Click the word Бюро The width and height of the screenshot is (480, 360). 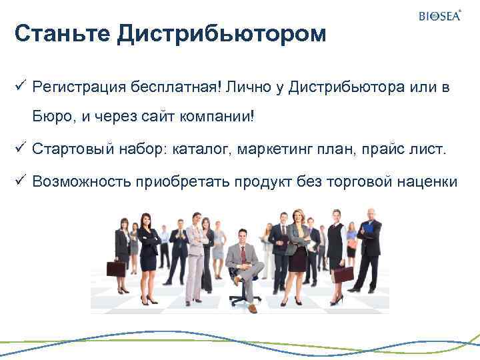[x=53, y=117]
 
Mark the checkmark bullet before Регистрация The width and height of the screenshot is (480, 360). [x=19, y=87]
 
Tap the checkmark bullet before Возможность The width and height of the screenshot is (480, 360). [x=19, y=179]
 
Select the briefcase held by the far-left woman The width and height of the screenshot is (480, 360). [x=115, y=269]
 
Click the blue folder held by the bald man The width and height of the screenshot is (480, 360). [x=367, y=227]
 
